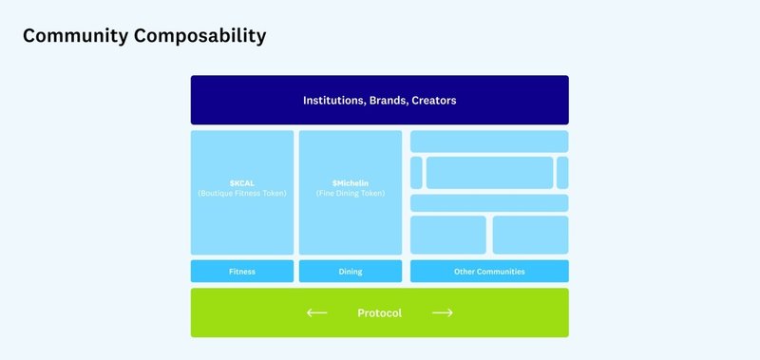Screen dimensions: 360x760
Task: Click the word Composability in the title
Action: point(203,36)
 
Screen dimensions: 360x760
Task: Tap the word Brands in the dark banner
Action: point(389,100)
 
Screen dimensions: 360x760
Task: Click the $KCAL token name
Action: point(242,181)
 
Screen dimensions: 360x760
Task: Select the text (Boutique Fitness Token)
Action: point(242,193)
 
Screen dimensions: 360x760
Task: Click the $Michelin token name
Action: point(351,181)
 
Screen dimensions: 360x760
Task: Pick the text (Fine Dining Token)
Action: point(351,193)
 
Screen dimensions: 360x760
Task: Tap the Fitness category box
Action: point(242,272)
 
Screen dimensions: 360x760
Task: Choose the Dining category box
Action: point(351,272)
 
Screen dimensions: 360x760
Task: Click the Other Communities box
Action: point(489,272)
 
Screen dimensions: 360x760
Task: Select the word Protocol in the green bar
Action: point(379,313)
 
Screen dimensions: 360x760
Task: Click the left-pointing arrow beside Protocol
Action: point(317,313)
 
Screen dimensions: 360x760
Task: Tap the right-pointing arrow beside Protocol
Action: point(442,313)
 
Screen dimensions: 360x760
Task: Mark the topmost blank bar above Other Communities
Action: point(489,142)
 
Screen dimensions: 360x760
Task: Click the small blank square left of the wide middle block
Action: point(416,173)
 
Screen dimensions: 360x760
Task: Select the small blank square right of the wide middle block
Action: point(562,173)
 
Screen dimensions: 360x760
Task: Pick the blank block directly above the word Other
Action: point(448,235)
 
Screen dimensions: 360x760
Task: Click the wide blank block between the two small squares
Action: point(489,173)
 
